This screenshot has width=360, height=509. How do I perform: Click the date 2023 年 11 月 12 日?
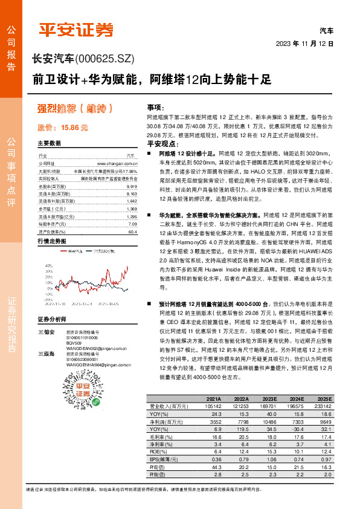click(304, 44)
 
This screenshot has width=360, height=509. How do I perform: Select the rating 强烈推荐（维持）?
click(75, 109)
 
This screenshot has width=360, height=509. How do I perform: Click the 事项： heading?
click(155, 106)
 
